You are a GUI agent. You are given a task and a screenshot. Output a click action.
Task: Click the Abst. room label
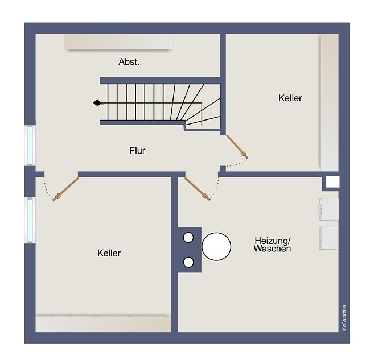coord(129,62)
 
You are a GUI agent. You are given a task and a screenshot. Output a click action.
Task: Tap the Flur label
coord(137,150)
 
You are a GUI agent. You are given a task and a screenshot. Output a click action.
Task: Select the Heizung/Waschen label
coord(272,245)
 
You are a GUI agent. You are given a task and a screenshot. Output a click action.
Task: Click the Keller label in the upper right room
coord(290,98)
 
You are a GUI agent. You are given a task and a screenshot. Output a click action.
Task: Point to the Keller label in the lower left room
coord(109,253)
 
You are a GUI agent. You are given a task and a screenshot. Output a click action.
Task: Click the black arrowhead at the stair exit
coord(97,103)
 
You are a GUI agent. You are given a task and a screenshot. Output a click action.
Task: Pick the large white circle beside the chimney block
coord(216,247)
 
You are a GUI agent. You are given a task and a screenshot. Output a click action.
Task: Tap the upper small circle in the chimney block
coord(188,237)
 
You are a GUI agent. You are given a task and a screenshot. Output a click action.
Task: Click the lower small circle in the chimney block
coord(188,262)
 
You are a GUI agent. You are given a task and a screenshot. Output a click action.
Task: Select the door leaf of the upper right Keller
coord(237,146)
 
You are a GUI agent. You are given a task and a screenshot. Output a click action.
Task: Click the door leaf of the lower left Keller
coord(65,189)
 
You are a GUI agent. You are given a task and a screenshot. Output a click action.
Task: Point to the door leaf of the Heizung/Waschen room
coord(198,189)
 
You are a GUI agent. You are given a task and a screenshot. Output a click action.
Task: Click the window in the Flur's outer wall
coord(30,145)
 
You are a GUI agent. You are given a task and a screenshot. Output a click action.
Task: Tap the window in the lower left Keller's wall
coord(30,221)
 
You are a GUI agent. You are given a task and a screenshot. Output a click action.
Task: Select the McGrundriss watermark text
coord(344,318)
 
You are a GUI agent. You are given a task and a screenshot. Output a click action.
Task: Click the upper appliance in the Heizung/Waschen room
coord(328,210)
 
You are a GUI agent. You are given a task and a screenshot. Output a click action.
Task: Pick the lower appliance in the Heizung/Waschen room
coord(328,238)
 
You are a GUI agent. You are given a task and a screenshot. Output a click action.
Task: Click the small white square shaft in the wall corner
coord(332,182)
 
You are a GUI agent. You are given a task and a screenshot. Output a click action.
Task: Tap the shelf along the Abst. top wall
coord(118,42)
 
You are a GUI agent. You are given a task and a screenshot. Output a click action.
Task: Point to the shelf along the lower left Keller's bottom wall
coord(104,324)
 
